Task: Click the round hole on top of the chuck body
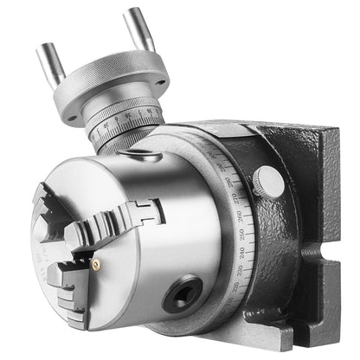pos(138,156)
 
